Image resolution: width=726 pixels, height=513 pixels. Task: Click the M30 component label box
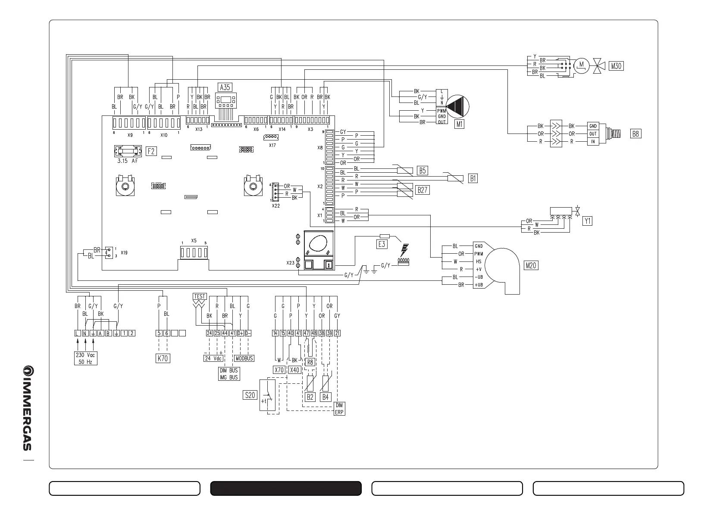[616, 66]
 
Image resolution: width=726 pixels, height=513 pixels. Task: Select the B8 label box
[635, 134]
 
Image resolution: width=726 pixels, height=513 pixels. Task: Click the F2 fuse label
[151, 151]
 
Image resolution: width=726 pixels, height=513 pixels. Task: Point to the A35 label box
[225, 87]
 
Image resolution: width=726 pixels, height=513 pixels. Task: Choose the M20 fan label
[531, 265]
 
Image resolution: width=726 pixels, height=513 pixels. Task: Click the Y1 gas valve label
[587, 221]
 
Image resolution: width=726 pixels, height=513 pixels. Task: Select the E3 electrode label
[382, 244]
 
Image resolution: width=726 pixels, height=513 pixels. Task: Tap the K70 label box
[163, 358]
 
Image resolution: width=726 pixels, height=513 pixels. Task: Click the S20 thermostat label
[250, 395]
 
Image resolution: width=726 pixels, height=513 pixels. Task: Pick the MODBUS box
[244, 358]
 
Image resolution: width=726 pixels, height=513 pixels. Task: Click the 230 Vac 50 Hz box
[85, 358]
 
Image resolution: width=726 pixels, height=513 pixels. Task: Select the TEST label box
[200, 296]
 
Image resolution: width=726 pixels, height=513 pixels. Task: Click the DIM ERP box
[339, 409]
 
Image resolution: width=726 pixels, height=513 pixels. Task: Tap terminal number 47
[306, 333]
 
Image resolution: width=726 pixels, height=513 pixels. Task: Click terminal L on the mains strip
[77, 333]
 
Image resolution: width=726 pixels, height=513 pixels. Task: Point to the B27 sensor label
[422, 190]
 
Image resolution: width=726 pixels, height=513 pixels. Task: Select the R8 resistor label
[310, 362]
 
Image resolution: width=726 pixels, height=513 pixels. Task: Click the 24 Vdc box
[213, 358]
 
